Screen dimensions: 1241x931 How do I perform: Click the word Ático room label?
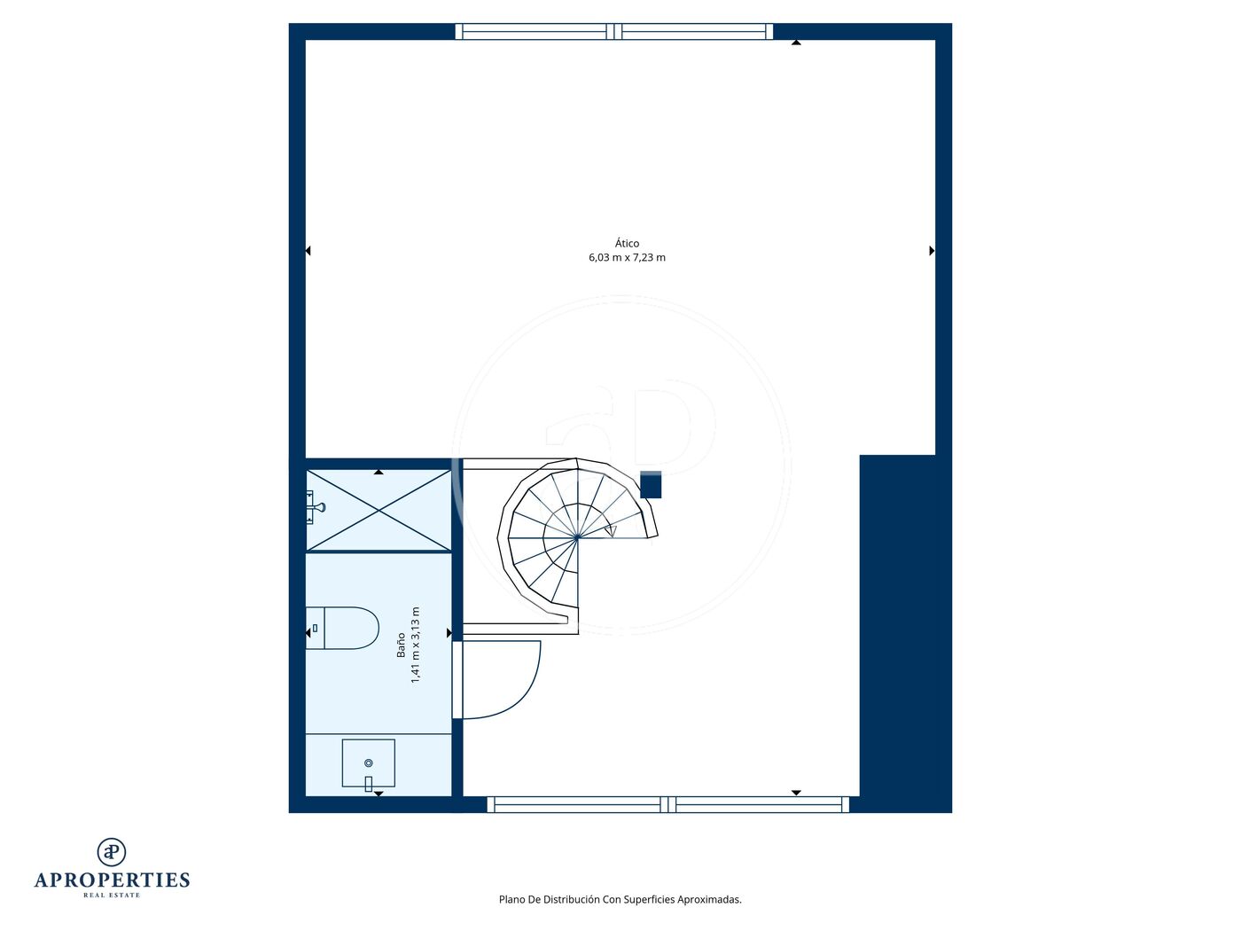click(627, 243)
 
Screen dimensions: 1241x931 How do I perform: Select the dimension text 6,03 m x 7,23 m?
click(627, 258)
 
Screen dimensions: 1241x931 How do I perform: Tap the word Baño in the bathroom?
click(401, 645)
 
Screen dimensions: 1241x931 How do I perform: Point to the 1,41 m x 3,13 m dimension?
click(415, 645)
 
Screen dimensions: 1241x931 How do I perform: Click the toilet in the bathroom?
click(342, 628)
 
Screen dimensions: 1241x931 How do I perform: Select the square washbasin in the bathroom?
click(368, 763)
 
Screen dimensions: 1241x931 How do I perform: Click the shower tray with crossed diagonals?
click(379, 511)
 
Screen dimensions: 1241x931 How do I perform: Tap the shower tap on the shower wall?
click(315, 507)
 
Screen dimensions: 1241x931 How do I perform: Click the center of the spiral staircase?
click(577, 537)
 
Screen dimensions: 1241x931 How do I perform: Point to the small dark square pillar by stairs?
click(651, 484)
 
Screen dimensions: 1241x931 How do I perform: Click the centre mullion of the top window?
click(614, 32)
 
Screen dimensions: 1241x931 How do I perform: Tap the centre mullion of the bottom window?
click(667, 804)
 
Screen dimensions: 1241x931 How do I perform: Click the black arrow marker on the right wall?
click(932, 250)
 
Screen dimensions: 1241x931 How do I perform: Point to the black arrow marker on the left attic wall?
click(308, 250)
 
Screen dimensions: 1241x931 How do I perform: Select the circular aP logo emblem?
click(112, 852)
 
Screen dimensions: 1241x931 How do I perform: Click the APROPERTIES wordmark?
click(112, 880)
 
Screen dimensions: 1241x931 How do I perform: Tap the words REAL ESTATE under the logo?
click(112, 896)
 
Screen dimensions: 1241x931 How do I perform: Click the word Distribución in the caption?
click(571, 899)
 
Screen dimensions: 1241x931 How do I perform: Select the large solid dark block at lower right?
click(906, 634)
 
